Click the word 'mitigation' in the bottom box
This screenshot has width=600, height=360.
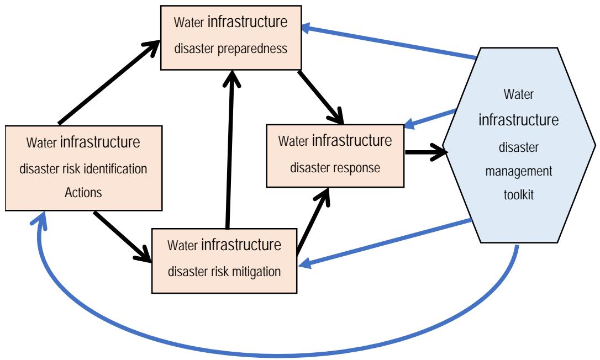254,271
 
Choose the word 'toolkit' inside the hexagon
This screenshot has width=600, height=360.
519,194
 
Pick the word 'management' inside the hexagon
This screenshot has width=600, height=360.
519,171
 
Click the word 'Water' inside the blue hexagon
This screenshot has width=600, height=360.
519,94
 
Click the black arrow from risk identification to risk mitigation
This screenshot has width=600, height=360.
123,236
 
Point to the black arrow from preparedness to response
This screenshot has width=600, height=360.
320,97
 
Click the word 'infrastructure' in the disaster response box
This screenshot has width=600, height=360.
352,141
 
